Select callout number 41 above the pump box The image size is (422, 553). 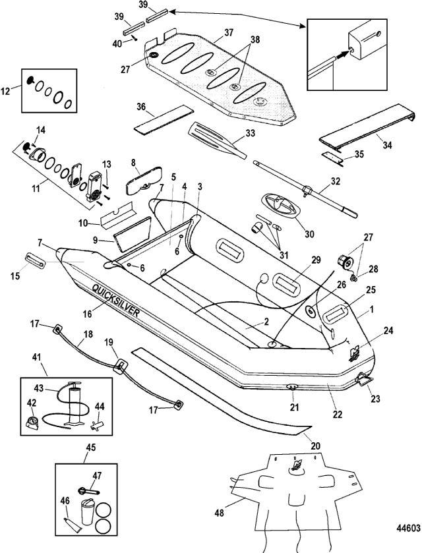36,356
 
